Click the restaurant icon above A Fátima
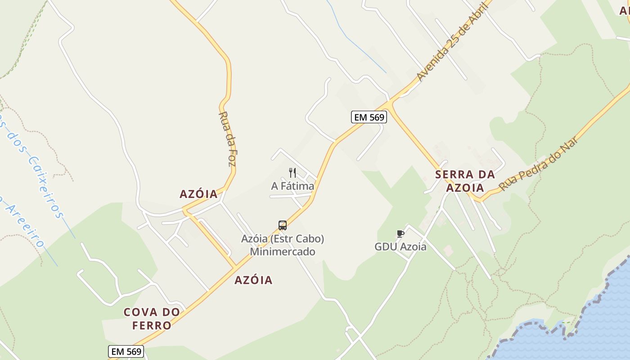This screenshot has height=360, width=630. coord(292,172)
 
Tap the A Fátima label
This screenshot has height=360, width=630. coord(292,186)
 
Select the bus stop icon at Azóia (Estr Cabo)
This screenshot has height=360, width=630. coord(283,225)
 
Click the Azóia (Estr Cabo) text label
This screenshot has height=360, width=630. coord(283,238)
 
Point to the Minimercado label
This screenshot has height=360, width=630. coord(283,252)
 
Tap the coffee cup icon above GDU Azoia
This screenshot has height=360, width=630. coord(400,234)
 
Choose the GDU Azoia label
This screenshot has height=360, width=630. coord(400,247)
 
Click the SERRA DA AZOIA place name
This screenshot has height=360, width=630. coord(465,181)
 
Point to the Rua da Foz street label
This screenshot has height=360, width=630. coord(227,139)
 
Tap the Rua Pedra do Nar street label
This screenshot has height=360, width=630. coord(539,163)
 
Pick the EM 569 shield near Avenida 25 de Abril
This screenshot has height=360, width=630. coord(369,117)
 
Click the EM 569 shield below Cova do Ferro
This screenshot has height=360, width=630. coord(126,351)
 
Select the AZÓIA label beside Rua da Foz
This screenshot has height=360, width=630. coord(198,194)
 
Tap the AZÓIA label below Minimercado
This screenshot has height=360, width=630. coord(253,280)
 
